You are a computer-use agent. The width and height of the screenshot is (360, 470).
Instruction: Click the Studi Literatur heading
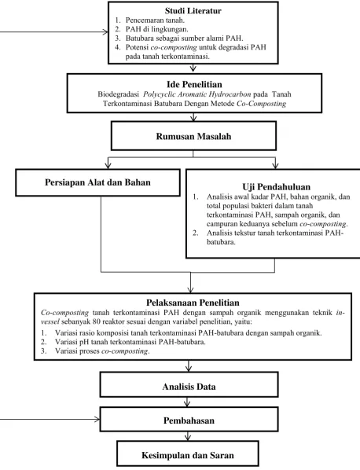click(193, 11)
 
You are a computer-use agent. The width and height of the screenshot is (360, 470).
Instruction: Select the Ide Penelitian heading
click(194, 84)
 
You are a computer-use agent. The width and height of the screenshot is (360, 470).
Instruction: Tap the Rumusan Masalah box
click(193, 136)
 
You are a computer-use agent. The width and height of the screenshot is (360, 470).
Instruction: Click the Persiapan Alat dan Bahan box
click(97, 182)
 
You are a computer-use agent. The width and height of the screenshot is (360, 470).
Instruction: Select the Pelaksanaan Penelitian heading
click(193, 303)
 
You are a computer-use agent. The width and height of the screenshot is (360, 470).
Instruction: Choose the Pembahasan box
click(189, 419)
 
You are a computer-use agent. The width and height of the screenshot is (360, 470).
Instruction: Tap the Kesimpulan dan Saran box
click(188, 453)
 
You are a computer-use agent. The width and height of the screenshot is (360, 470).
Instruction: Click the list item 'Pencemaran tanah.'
click(155, 20)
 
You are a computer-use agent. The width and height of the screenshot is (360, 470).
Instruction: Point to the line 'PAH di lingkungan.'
click(156, 29)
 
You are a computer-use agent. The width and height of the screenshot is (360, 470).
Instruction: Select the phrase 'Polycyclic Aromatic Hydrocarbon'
click(197, 94)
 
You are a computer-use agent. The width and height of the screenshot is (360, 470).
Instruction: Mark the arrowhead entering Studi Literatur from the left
click(105, 32)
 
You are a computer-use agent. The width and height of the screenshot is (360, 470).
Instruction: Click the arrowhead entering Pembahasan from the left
click(97, 419)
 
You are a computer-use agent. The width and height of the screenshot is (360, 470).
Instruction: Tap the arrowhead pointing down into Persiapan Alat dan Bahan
click(108, 166)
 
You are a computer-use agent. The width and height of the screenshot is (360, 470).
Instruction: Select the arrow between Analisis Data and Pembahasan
click(187, 402)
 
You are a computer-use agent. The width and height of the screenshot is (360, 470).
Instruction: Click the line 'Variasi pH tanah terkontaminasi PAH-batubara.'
click(130, 342)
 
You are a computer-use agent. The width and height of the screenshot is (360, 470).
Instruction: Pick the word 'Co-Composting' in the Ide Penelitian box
click(262, 104)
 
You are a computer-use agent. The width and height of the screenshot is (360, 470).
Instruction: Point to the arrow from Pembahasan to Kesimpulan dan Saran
click(188, 436)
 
